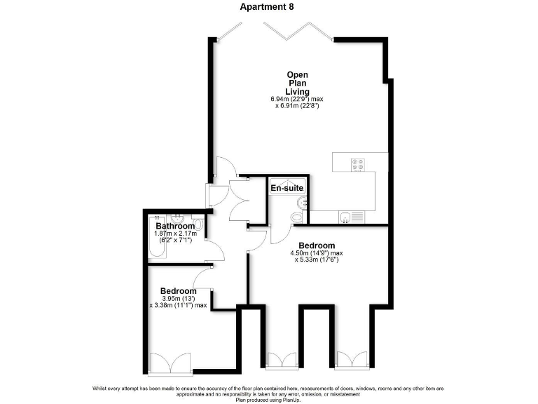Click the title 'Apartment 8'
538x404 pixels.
pos(267,7)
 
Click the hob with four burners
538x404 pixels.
pos(358,164)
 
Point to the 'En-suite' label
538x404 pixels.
pos(287,188)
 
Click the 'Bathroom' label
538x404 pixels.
pos(175,227)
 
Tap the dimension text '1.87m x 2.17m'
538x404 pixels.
pos(175,234)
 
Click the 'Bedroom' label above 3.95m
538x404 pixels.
pos(179,291)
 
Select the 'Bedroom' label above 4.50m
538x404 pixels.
pos(317,245)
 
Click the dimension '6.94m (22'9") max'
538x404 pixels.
pos(297,99)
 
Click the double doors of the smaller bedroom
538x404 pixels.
pos(170,363)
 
